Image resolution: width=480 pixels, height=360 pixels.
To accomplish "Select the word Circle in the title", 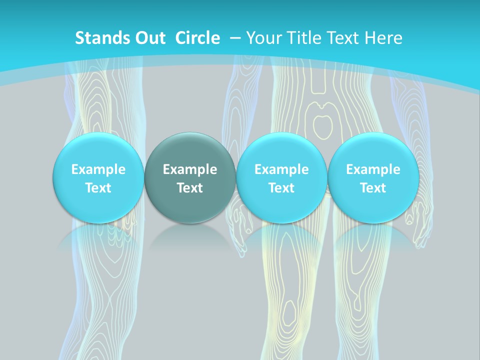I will (197, 38).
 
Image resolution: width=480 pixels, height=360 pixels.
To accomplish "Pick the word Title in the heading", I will (303, 38).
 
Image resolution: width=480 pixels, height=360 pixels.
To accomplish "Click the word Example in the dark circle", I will (190, 169).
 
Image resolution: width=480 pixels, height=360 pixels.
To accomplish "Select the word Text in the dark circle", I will (190, 188).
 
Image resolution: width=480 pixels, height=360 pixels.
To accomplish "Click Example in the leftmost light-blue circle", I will (98, 169).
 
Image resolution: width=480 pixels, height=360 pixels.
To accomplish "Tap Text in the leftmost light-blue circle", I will (98, 188).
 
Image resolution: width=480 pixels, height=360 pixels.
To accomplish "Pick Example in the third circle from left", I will (281, 169).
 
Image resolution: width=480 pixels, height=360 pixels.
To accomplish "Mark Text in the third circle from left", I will (281, 188).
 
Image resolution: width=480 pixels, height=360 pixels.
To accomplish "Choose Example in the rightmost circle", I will (373, 169).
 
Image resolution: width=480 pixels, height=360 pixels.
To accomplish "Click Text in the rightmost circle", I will (373, 188).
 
